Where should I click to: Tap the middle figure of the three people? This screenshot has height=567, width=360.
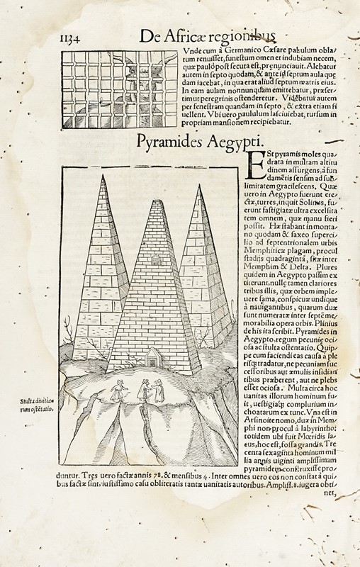click(x=146, y=389)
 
